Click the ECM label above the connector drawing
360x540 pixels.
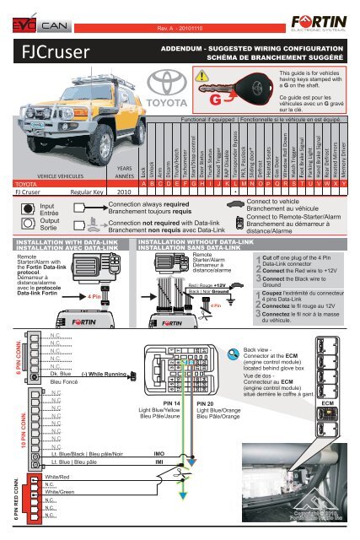(x=328, y=403)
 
